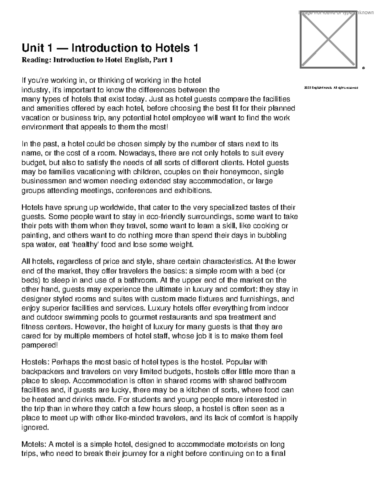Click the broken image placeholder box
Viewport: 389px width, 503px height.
tap(328, 40)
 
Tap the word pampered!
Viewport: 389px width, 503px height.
tap(40, 345)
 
